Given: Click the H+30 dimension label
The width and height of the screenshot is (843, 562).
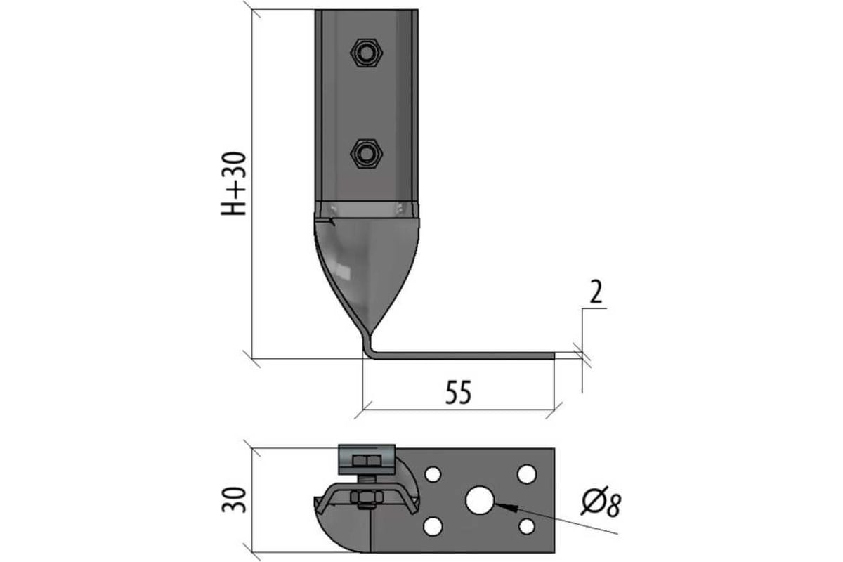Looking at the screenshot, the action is (x=233, y=183).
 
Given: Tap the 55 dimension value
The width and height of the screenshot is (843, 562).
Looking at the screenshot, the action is (x=458, y=393).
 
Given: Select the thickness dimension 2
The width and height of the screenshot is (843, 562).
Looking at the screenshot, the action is (x=596, y=292).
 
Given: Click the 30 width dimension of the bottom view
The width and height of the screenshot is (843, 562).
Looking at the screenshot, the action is (x=233, y=500).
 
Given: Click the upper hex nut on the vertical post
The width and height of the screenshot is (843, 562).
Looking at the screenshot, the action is (x=366, y=52).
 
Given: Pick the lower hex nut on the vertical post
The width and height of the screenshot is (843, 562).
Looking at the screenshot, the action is (x=366, y=154).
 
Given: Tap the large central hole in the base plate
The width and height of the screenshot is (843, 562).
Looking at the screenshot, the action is (x=479, y=500).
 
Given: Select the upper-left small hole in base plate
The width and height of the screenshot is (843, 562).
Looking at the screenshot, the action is (x=433, y=474).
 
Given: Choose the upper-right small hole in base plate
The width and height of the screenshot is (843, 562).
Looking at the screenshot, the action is (x=526, y=474).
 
